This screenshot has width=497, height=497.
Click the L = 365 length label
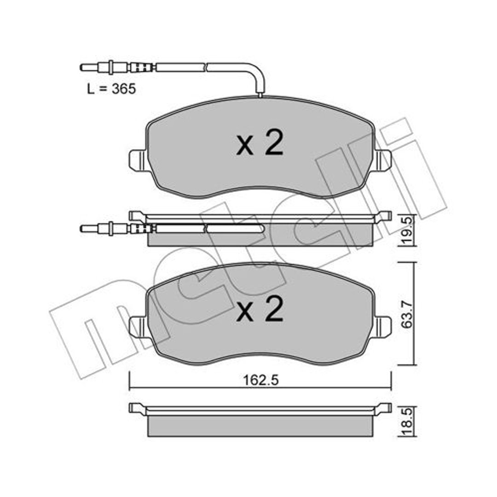coord(111,89)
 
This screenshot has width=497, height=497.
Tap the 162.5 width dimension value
coord(260,381)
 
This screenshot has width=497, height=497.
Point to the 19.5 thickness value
coord(407,231)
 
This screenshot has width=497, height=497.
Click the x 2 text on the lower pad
coord(260,309)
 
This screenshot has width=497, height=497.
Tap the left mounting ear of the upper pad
coord(138,161)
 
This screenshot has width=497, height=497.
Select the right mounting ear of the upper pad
coord(383,161)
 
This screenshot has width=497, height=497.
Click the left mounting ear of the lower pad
coord(138,327)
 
